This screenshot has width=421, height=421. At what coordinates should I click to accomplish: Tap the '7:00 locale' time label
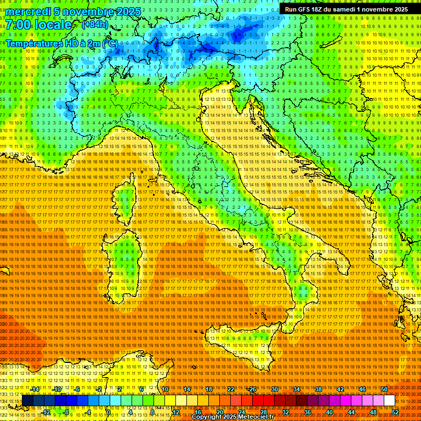coord(38,25)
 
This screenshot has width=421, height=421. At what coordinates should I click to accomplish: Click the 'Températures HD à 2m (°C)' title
coord(61,43)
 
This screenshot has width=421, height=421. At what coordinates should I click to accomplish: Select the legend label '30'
coord(275,389)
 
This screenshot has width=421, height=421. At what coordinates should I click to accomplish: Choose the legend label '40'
coord(329,412)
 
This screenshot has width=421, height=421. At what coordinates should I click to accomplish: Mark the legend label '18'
coord(209,389)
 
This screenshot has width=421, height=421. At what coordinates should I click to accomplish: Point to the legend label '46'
coord(362,389)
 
